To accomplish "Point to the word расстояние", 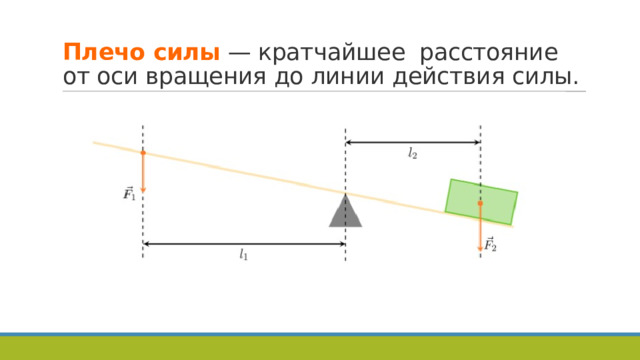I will (488, 51).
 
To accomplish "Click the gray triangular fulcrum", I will (345, 211).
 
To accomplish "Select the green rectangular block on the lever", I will (481, 201).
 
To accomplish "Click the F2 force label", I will (490, 243).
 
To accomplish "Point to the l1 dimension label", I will (243, 257).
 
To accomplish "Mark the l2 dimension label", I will (412, 154).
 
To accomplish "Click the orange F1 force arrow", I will (143, 171).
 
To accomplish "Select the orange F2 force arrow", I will (480, 226).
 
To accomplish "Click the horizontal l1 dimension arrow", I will (244, 243).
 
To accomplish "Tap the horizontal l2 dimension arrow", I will (412, 142).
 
